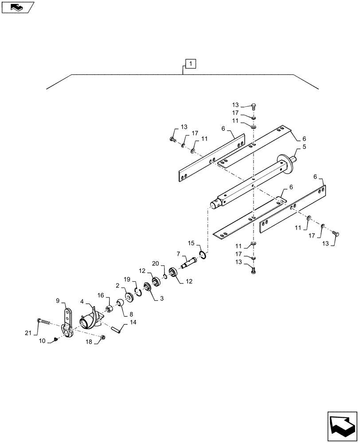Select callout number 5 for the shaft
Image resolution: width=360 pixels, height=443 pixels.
pyautogui.click(x=305, y=147)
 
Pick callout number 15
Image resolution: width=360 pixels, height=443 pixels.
pyautogui.click(x=191, y=243)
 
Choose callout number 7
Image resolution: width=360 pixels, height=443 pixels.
pyautogui.click(x=179, y=253)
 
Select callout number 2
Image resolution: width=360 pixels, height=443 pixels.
pyautogui.click(x=118, y=286)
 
